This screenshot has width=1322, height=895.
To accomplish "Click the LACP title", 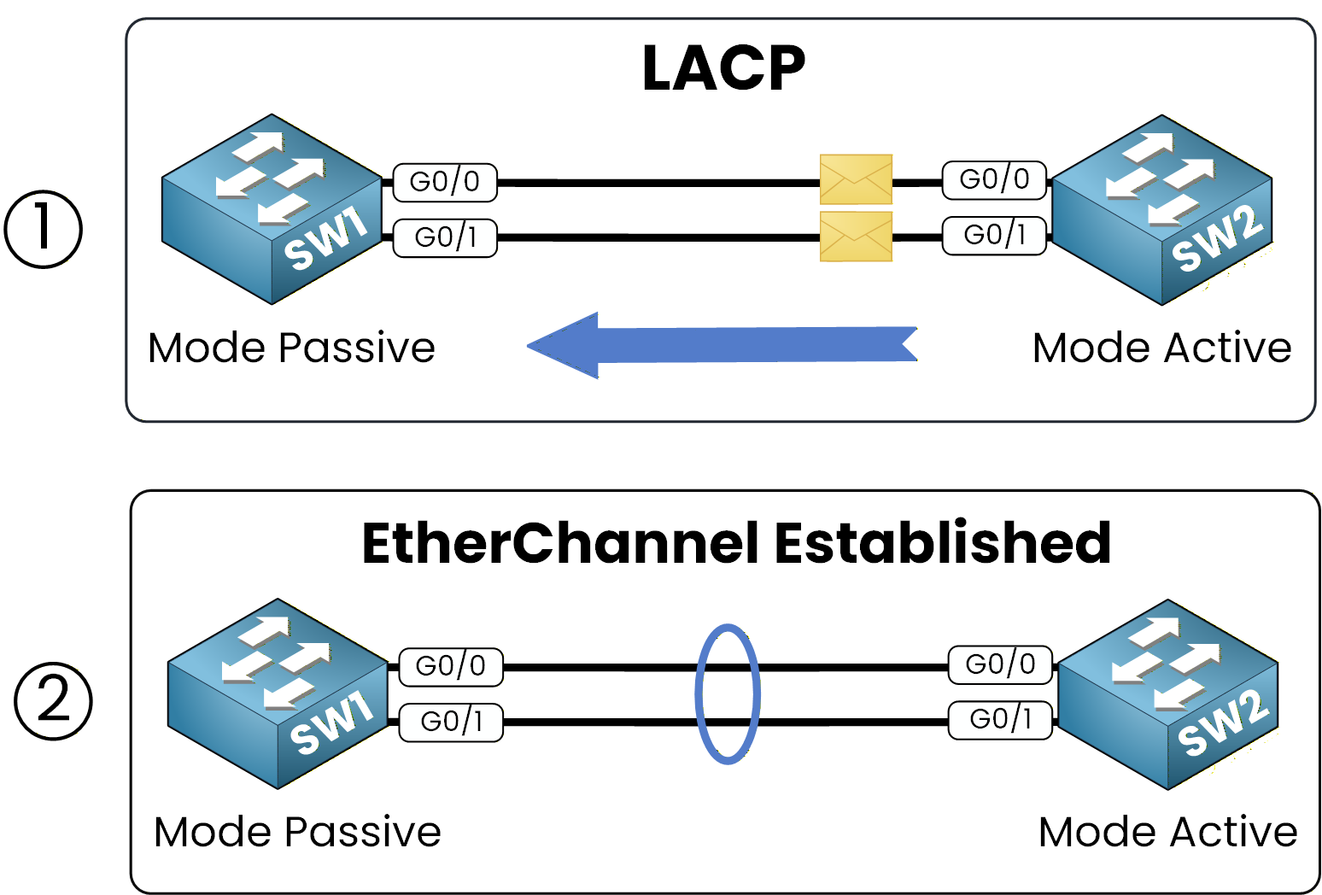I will tap(722, 68).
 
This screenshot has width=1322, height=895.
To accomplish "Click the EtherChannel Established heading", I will tap(736, 543).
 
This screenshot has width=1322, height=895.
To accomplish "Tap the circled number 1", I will tap(44, 229).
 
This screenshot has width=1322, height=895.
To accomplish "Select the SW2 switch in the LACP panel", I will tap(1161, 209).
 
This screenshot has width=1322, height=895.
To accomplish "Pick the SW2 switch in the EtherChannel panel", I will tap(1167, 693).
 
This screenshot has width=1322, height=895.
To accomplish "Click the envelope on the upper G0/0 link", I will tap(856, 179).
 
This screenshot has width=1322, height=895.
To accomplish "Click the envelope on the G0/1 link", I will tap(856, 237).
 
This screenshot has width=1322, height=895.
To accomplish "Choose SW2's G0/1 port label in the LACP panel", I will tap(994, 236).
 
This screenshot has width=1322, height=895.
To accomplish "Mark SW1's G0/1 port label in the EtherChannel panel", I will tap(451, 722).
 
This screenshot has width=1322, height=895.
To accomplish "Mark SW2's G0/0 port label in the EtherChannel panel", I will tap(1000, 665).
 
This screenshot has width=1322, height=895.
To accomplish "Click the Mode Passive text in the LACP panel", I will tap(291, 348).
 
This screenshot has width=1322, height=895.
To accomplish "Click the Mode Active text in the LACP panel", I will tap(1161, 348).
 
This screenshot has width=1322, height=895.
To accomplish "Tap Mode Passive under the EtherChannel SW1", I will tap(297, 832).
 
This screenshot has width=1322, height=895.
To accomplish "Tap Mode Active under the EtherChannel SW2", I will tap(1167, 832).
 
